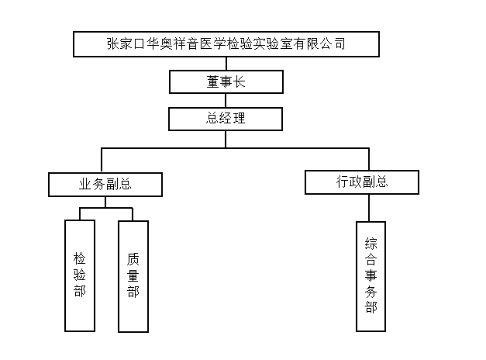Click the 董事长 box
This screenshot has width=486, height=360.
[x=226, y=82]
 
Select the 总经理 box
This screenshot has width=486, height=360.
[x=226, y=119]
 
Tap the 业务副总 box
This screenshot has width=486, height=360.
[x=105, y=185]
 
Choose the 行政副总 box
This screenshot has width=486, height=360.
[x=362, y=182]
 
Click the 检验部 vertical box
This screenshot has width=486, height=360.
[x=80, y=275]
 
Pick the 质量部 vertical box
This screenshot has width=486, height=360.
[x=133, y=276]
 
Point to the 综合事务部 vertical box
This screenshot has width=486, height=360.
[x=371, y=276]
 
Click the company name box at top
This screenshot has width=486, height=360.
[x=226, y=44]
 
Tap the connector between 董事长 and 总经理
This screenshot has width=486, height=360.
[x=226, y=101]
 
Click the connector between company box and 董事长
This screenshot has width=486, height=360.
[x=226, y=64]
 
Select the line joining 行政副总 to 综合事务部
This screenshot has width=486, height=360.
[x=369, y=208]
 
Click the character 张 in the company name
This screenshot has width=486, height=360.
[x=113, y=43]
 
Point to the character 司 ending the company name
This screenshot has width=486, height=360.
[x=340, y=43]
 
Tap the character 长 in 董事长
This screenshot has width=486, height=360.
[x=239, y=82]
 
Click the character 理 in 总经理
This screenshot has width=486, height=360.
[x=239, y=118]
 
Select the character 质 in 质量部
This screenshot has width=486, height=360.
[x=133, y=259]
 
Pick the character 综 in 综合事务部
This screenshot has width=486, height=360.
[x=371, y=244]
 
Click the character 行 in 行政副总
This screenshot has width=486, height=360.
[x=343, y=182]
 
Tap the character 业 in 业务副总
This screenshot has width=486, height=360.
[x=85, y=185]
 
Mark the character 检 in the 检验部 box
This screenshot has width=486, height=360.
[x=80, y=258]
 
